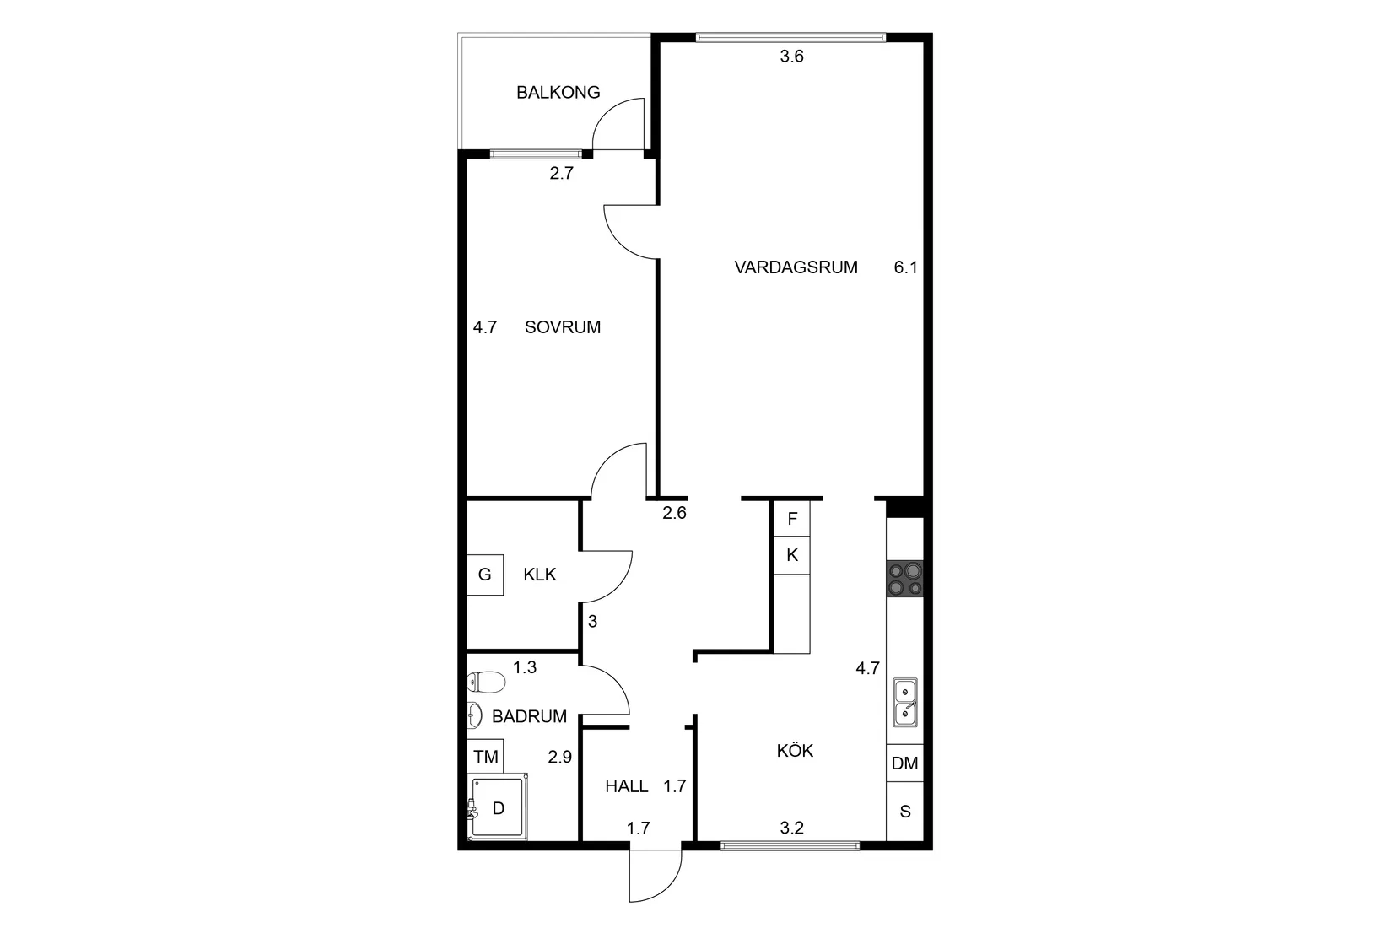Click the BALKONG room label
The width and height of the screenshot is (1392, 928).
pyautogui.click(x=558, y=92)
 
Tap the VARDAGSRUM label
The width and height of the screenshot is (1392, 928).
pyautogui.click(x=796, y=267)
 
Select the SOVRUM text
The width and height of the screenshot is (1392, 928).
pyautogui.click(x=563, y=327)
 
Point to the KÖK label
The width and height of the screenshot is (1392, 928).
pyautogui.click(x=795, y=750)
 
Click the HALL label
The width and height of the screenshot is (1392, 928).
pyautogui.click(x=627, y=786)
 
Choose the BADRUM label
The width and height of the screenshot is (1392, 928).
pyautogui.click(x=529, y=716)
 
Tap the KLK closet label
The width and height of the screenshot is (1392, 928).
pyautogui.click(x=540, y=575)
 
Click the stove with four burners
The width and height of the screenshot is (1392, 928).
pyautogui.click(x=904, y=579)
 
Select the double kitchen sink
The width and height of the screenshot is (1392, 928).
pyautogui.click(x=905, y=702)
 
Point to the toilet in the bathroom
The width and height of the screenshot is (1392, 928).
pyautogui.click(x=487, y=681)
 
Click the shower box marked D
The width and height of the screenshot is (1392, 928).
pyautogui.click(x=499, y=807)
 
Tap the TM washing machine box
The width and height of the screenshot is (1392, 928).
pyautogui.click(x=486, y=757)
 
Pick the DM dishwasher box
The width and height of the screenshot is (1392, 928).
pyautogui.click(x=904, y=763)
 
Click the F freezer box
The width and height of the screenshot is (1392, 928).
pyautogui.click(x=791, y=519)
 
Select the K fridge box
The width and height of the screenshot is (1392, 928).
pyautogui.click(x=791, y=555)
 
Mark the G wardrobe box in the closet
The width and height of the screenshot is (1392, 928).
pyautogui.click(x=485, y=575)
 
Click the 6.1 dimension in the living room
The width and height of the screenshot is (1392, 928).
pyautogui.click(x=905, y=267)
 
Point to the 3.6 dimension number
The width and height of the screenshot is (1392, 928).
pyautogui.click(x=791, y=57)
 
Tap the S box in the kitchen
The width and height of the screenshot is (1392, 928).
pyautogui.click(x=905, y=812)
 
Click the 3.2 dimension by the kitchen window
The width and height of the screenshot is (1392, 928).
pyautogui.click(x=791, y=828)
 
